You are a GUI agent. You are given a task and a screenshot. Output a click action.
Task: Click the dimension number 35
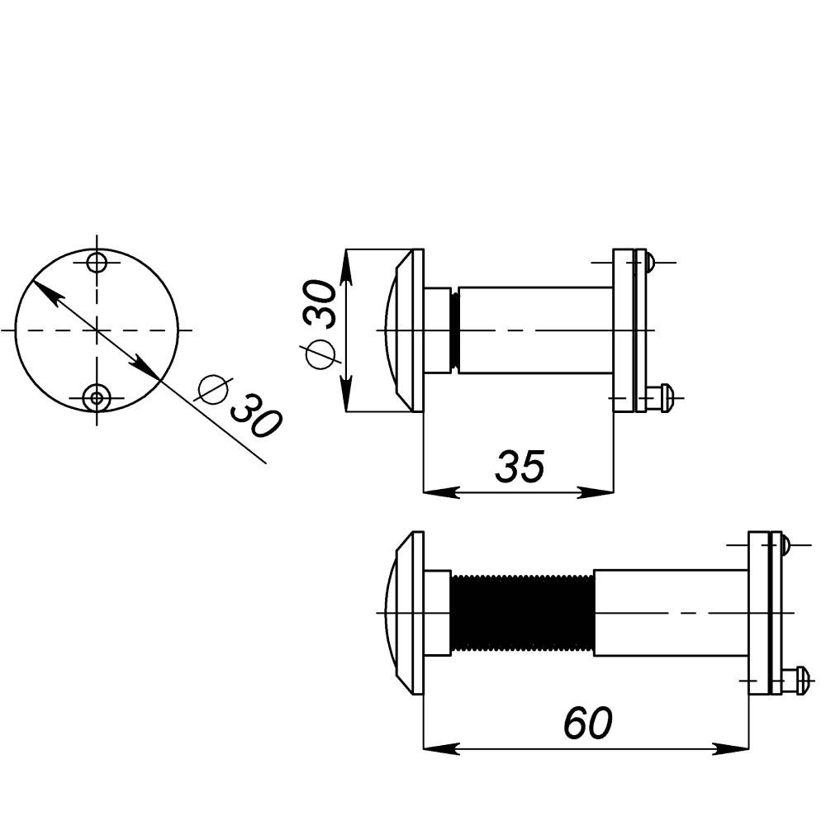[520, 467]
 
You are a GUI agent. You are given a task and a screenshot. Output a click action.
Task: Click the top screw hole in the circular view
[97, 263]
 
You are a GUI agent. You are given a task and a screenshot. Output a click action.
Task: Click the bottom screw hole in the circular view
[97, 398]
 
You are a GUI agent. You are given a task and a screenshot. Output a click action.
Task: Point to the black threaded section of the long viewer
[522, 613]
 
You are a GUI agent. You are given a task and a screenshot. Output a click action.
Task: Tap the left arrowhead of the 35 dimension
[441, 493]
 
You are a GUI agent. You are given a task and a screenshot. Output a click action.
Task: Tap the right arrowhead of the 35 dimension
[596, 493]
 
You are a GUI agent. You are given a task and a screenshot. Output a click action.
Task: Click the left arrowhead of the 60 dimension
[441, 748]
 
